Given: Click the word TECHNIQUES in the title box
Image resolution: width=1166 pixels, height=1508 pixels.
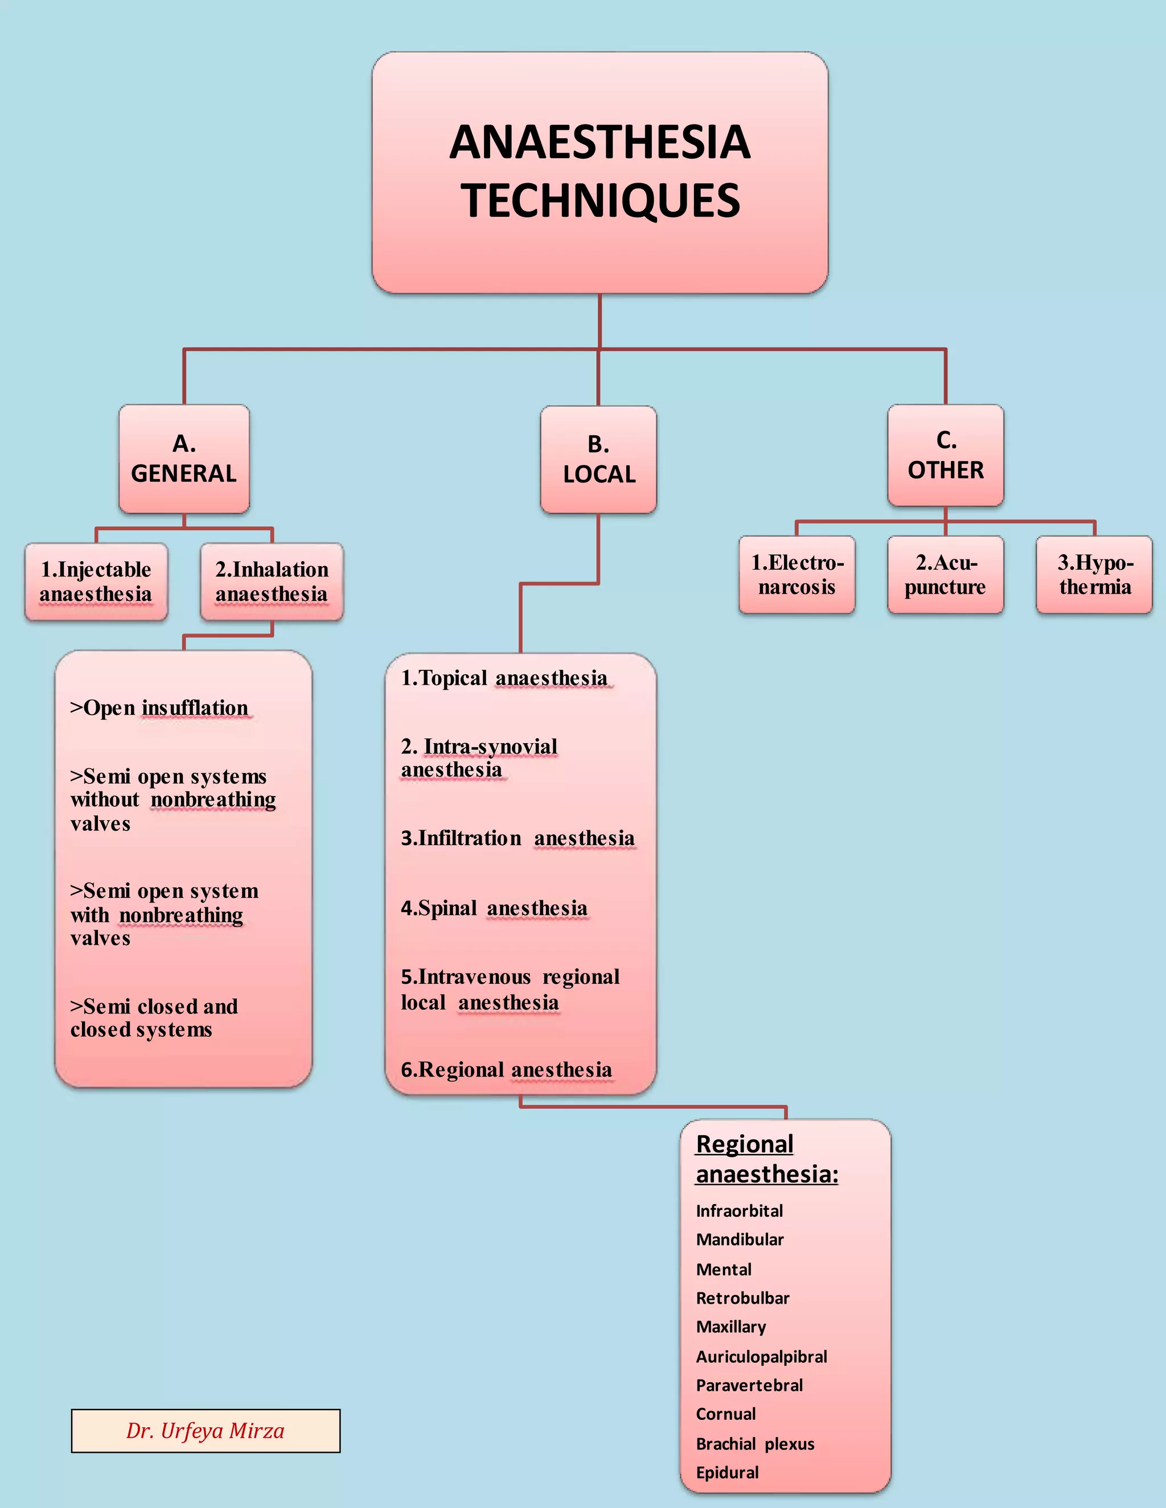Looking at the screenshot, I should (600, 201).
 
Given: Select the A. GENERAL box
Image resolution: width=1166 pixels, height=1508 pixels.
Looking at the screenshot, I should (184, 459).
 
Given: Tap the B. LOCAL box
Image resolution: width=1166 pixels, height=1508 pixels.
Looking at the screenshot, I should (598, 459).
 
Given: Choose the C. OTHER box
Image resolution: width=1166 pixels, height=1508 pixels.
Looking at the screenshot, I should (945, 455).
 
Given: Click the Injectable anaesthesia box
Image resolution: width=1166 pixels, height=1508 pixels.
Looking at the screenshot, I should (96, 582).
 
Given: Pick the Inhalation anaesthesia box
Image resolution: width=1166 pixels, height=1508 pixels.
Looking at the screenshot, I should (272, 582).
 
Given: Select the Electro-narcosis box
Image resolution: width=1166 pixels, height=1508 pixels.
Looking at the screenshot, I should (797, 575).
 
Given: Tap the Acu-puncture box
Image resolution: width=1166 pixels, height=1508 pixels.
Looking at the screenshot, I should (945, 575).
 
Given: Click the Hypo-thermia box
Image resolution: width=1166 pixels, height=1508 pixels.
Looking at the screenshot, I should (1094, 575).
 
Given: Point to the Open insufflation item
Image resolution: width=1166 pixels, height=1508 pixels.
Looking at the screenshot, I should (159, 708).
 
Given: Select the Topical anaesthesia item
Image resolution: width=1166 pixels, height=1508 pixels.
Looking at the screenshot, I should (504, 678).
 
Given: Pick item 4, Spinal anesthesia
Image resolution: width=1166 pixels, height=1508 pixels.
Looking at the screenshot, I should (494, 908).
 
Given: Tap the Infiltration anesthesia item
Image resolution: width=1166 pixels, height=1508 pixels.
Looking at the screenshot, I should (518, 838).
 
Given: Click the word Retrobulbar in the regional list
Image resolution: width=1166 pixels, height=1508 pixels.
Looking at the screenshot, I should (742, 1298).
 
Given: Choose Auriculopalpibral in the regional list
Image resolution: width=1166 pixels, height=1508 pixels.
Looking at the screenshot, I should (761, 1357).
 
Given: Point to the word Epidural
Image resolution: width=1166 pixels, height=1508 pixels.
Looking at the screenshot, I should (728, 1473).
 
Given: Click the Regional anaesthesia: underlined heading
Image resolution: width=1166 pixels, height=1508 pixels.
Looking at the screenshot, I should (767, 1159).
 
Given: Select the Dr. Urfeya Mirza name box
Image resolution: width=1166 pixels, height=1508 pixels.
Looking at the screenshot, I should (206, 1431).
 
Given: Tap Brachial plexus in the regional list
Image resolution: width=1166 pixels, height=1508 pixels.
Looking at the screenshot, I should (755, 1444).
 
